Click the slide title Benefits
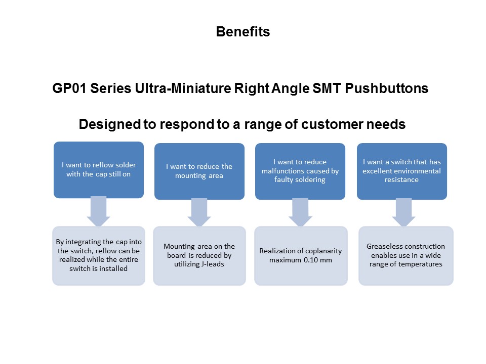[x=242, y=31]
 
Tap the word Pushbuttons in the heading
[x=386, y=88]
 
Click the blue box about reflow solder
[x=99, y=170]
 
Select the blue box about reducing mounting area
[x=199, y=171]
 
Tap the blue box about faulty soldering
[x=300, y=171]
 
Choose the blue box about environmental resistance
[x=401, y=171]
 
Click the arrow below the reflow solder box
[x=99, y=212]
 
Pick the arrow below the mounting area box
[x=199, y=212]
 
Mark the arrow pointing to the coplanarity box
[x=300, y=212]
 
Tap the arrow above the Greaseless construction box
[x=403, y=212]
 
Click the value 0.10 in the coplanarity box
[x=310, y=260]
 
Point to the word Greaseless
[x=384, y=246]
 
